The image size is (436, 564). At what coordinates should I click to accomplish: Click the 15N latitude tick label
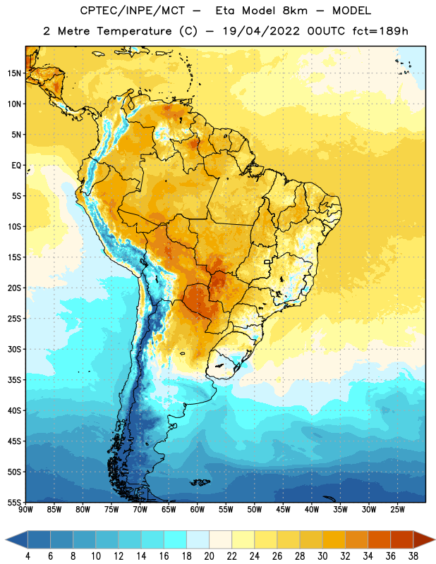(14, 73)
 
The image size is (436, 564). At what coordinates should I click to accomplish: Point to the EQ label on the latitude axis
(16, 166)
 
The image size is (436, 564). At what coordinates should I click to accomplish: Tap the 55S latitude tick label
(14, 503)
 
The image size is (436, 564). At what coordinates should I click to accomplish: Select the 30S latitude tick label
(14, 349)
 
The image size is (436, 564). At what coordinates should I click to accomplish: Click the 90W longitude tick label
(25, 510)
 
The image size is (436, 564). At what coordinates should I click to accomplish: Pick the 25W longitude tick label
(397, 510)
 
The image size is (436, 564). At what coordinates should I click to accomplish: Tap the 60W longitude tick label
(198, 510)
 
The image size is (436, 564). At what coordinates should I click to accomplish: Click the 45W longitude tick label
(283, 510)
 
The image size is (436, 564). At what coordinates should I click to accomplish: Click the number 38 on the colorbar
(413, 556)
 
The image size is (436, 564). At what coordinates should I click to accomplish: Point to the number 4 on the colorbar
(28, 556)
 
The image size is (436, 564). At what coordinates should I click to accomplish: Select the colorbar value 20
(209, 556)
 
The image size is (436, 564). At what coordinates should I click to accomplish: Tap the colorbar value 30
(322, 556)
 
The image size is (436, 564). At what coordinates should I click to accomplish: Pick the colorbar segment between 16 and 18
(176, 539)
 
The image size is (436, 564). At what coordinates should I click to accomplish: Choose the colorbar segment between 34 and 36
(379, 539)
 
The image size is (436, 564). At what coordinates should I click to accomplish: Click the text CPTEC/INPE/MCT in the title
(133, 11)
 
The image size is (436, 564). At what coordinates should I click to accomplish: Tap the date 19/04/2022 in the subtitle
(261, 31)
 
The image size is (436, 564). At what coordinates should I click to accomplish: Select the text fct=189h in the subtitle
(380, 31)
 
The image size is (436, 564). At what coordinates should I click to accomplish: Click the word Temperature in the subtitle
(134, 32)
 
